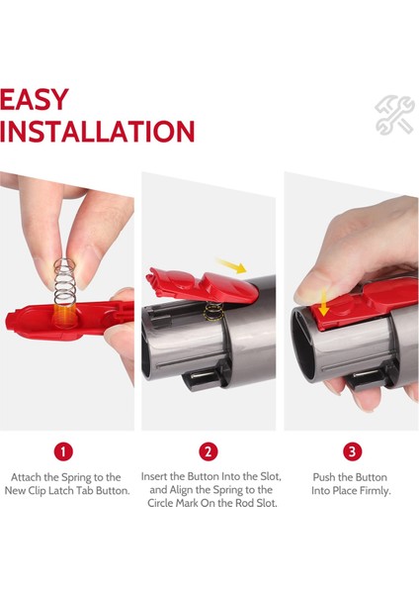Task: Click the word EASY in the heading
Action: (x=36, y=99)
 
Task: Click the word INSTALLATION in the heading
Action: (x=97, y=132)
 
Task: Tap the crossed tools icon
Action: (x=394, y=115)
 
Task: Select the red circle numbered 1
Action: (x=64, y=451)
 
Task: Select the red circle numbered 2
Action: (x=209, y=451)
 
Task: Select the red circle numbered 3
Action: (x=353, y=451)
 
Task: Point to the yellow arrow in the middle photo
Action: (x=234, y=267)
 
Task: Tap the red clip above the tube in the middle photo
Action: (x=188, y=290)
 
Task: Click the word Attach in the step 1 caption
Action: (x=30, y=477)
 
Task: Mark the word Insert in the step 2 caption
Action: (x=158, y=477)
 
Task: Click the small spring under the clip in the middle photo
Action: (x=210, y=314)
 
